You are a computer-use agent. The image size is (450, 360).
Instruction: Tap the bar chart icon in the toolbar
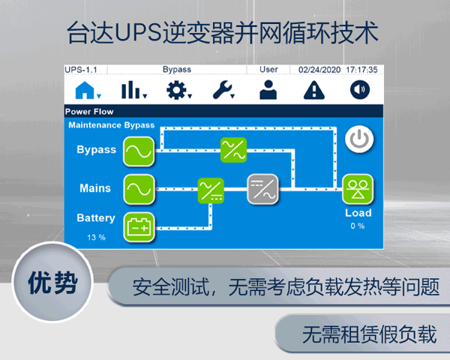click(x=133, y=91)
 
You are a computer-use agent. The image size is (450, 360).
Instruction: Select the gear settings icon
click(x=178, y=91)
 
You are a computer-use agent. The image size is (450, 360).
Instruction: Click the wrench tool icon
click(x=223, y=91)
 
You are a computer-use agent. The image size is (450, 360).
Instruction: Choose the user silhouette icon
click(x=268, y=91)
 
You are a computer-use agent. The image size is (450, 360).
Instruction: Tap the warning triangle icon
click(x=313, y=91)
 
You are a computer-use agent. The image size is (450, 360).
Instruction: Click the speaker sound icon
click(x=360, y=91)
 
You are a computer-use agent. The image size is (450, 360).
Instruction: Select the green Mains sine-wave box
click(x=139, y=187)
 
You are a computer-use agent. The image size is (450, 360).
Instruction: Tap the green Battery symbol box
click(x=139, y=225)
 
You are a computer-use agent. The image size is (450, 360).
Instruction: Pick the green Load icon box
click(x=358, y=189)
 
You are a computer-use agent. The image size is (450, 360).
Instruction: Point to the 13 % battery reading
click(x=95, y=237)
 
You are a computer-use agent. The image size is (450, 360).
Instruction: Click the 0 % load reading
click(x=357, y=226)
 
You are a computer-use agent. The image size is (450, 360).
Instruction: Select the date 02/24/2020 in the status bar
click(x=319, y=70)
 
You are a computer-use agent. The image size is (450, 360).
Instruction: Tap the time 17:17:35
click(x=361, y=70)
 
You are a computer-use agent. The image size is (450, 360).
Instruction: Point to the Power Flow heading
click(x=89, y=111)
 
